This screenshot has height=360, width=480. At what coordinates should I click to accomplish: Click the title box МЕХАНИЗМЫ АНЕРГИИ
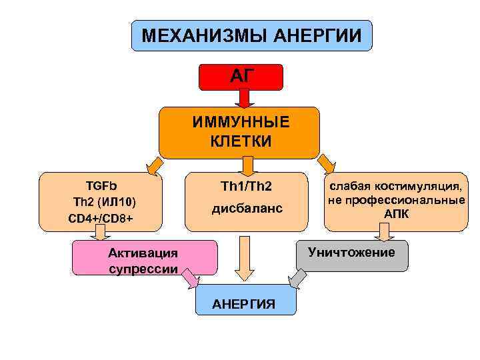coord(251,35)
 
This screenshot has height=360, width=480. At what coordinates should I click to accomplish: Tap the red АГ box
coord(241,77)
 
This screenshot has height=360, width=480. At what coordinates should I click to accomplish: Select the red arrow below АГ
coord(244,97)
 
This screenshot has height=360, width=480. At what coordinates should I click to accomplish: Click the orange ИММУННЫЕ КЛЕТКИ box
coord(239,132)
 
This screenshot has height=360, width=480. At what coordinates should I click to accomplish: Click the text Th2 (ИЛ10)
coord(101,201)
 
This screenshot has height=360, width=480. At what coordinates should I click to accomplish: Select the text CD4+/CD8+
coord(101,218)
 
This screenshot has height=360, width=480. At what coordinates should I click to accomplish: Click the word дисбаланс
coord(247,209)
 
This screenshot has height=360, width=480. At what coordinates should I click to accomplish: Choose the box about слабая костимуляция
coord(395,201)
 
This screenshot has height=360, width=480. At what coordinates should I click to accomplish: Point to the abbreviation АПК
coord(396,214)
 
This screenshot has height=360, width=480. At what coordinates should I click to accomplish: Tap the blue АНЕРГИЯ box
coord(243,301)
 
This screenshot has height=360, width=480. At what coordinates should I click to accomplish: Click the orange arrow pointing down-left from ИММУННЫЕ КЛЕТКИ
coord(154,164)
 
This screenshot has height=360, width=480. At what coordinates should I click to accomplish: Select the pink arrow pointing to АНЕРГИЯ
coord(189,278)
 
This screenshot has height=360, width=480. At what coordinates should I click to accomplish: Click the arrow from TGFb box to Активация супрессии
coord(100,232)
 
